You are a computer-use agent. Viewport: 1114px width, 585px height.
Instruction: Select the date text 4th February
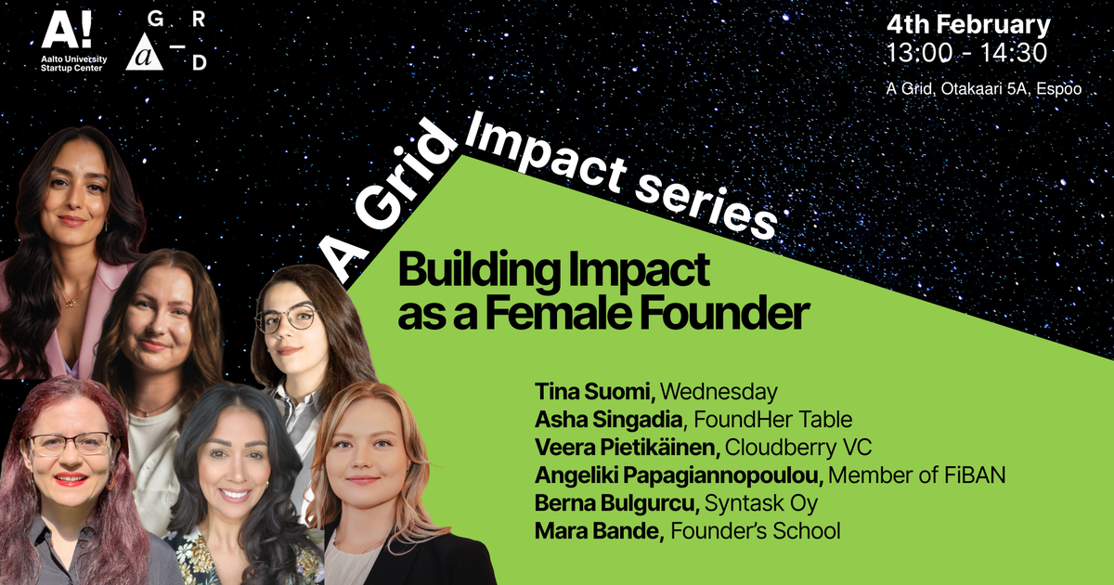[967, 25]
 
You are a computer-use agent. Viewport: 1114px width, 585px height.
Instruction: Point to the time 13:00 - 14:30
[966, 53]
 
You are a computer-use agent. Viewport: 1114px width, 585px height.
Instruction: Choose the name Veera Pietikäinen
[627, 448]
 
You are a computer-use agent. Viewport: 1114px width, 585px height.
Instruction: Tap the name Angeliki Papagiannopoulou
[679, 475]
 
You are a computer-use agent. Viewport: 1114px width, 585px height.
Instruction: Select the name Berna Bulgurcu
[615, 503]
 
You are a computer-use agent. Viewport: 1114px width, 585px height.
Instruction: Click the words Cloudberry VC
[798, 448]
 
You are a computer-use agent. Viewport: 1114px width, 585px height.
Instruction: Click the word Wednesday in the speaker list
[719, 391]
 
